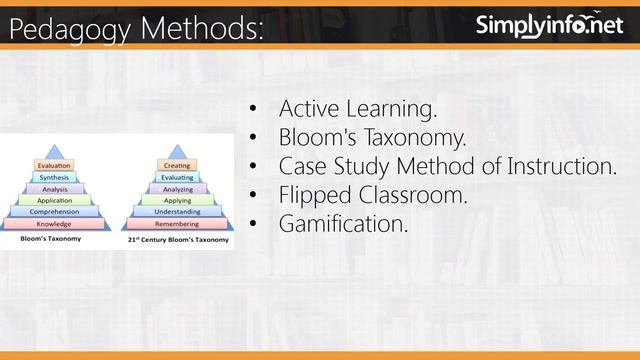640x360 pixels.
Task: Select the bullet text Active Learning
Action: (x=358, y=107)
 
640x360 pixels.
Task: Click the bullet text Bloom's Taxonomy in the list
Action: (x=373, y=136)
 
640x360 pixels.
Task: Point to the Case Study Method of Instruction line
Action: (x=448, y=166)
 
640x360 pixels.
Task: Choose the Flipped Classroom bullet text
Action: (x=373, y=195)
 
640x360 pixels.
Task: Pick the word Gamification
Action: (x=344, y=225)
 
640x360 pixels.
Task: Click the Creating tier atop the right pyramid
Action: (x=177, y=165)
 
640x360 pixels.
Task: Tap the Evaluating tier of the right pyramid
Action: (x=177, y=177)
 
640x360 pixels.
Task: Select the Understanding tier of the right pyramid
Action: (x=177, y=212)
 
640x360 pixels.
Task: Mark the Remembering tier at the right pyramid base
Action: (x=177, y=224)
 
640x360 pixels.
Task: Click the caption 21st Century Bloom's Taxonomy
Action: (x=178, y=241)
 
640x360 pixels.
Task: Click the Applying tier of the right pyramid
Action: (x=177, y=200)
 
